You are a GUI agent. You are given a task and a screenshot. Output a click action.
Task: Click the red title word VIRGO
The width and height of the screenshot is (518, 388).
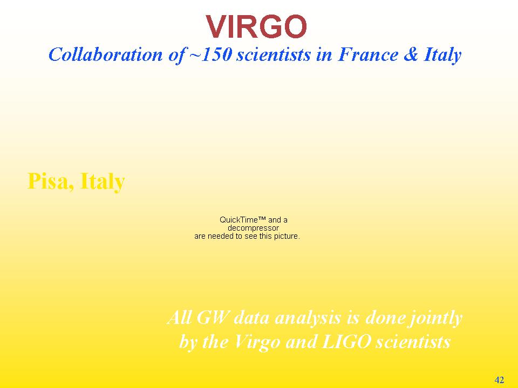pyautogui.click(x=256, y=27)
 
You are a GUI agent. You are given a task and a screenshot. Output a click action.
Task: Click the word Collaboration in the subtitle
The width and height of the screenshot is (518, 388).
pyautogui.click(x=106, y=54)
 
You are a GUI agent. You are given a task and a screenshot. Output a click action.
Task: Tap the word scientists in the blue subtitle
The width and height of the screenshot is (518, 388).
pyautogui.click(x=274, y=54)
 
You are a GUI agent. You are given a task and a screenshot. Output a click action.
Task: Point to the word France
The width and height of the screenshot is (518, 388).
pyautogui.click(x=368, y=54)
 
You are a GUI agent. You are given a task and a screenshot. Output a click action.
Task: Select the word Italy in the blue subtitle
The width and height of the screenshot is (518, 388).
pyautogui.click(x=442, y=55)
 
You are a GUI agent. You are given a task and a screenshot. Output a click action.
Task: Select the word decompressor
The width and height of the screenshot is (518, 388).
pyautogui.click(x=254, y=228)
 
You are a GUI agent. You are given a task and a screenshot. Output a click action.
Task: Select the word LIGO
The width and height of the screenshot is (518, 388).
pyautogui.click(x=346, y=342)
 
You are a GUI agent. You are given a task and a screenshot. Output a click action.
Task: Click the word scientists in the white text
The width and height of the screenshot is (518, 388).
pyautogui.click(x=413, y=342)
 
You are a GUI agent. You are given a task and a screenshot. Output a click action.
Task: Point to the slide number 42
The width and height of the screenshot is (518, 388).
pyautogui.click(x=499, y=380)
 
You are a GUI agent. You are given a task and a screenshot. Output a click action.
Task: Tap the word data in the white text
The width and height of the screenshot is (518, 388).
pyautogui.click(x=251, y=318)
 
